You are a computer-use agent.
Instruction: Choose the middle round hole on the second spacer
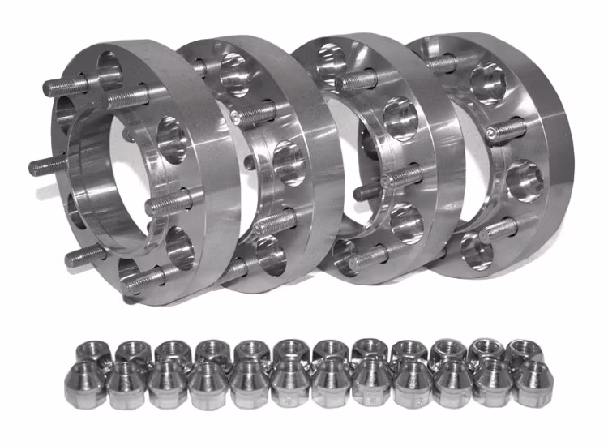289,161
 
